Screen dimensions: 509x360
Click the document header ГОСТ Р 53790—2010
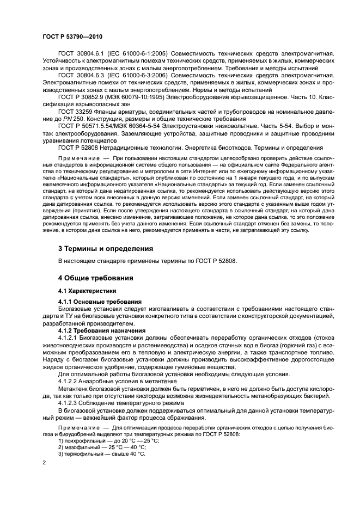(72, 37)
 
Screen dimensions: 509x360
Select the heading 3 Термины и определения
(105, 248)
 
